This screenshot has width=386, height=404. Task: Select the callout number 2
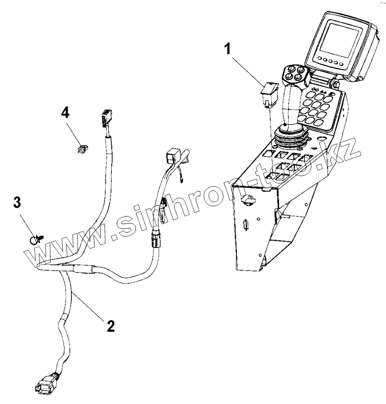point(110,326)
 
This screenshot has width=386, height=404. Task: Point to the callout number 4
point(65,113)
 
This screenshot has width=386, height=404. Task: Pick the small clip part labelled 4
point(82,148)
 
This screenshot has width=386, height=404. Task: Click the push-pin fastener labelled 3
point(36,238)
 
